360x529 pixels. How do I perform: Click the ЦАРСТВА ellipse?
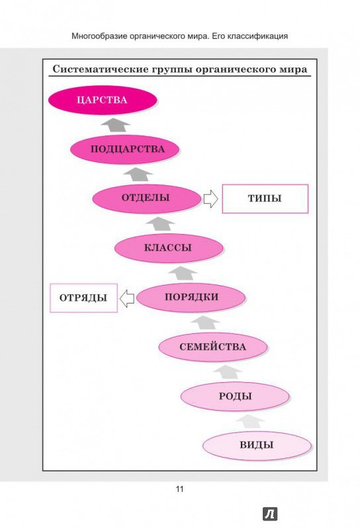coord(103,101)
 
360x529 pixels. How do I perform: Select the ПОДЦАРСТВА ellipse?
coord(124,149)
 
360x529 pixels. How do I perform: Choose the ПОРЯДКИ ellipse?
coord(191,298)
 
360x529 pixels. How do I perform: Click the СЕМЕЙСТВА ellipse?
coord(213,347)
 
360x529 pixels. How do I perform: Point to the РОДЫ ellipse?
coord(235,396)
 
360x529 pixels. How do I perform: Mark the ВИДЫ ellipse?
coord(257,446)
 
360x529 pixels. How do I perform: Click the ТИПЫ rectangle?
coord(265,199)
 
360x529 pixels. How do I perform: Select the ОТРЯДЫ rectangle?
coord(84,298)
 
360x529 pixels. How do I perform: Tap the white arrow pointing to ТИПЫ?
coord(210,199)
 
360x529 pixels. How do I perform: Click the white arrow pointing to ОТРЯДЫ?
coord(127,298)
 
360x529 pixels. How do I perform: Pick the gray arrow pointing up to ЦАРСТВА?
coord(116,125)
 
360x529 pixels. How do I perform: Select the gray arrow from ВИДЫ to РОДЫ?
coord(249,421)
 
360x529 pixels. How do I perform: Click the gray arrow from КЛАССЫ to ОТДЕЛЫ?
coord(160,224)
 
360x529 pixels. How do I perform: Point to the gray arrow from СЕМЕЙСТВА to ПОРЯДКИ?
coord(205,323)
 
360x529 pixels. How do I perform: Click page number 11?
coord(179,489)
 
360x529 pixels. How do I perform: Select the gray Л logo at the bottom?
coord(270,514)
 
